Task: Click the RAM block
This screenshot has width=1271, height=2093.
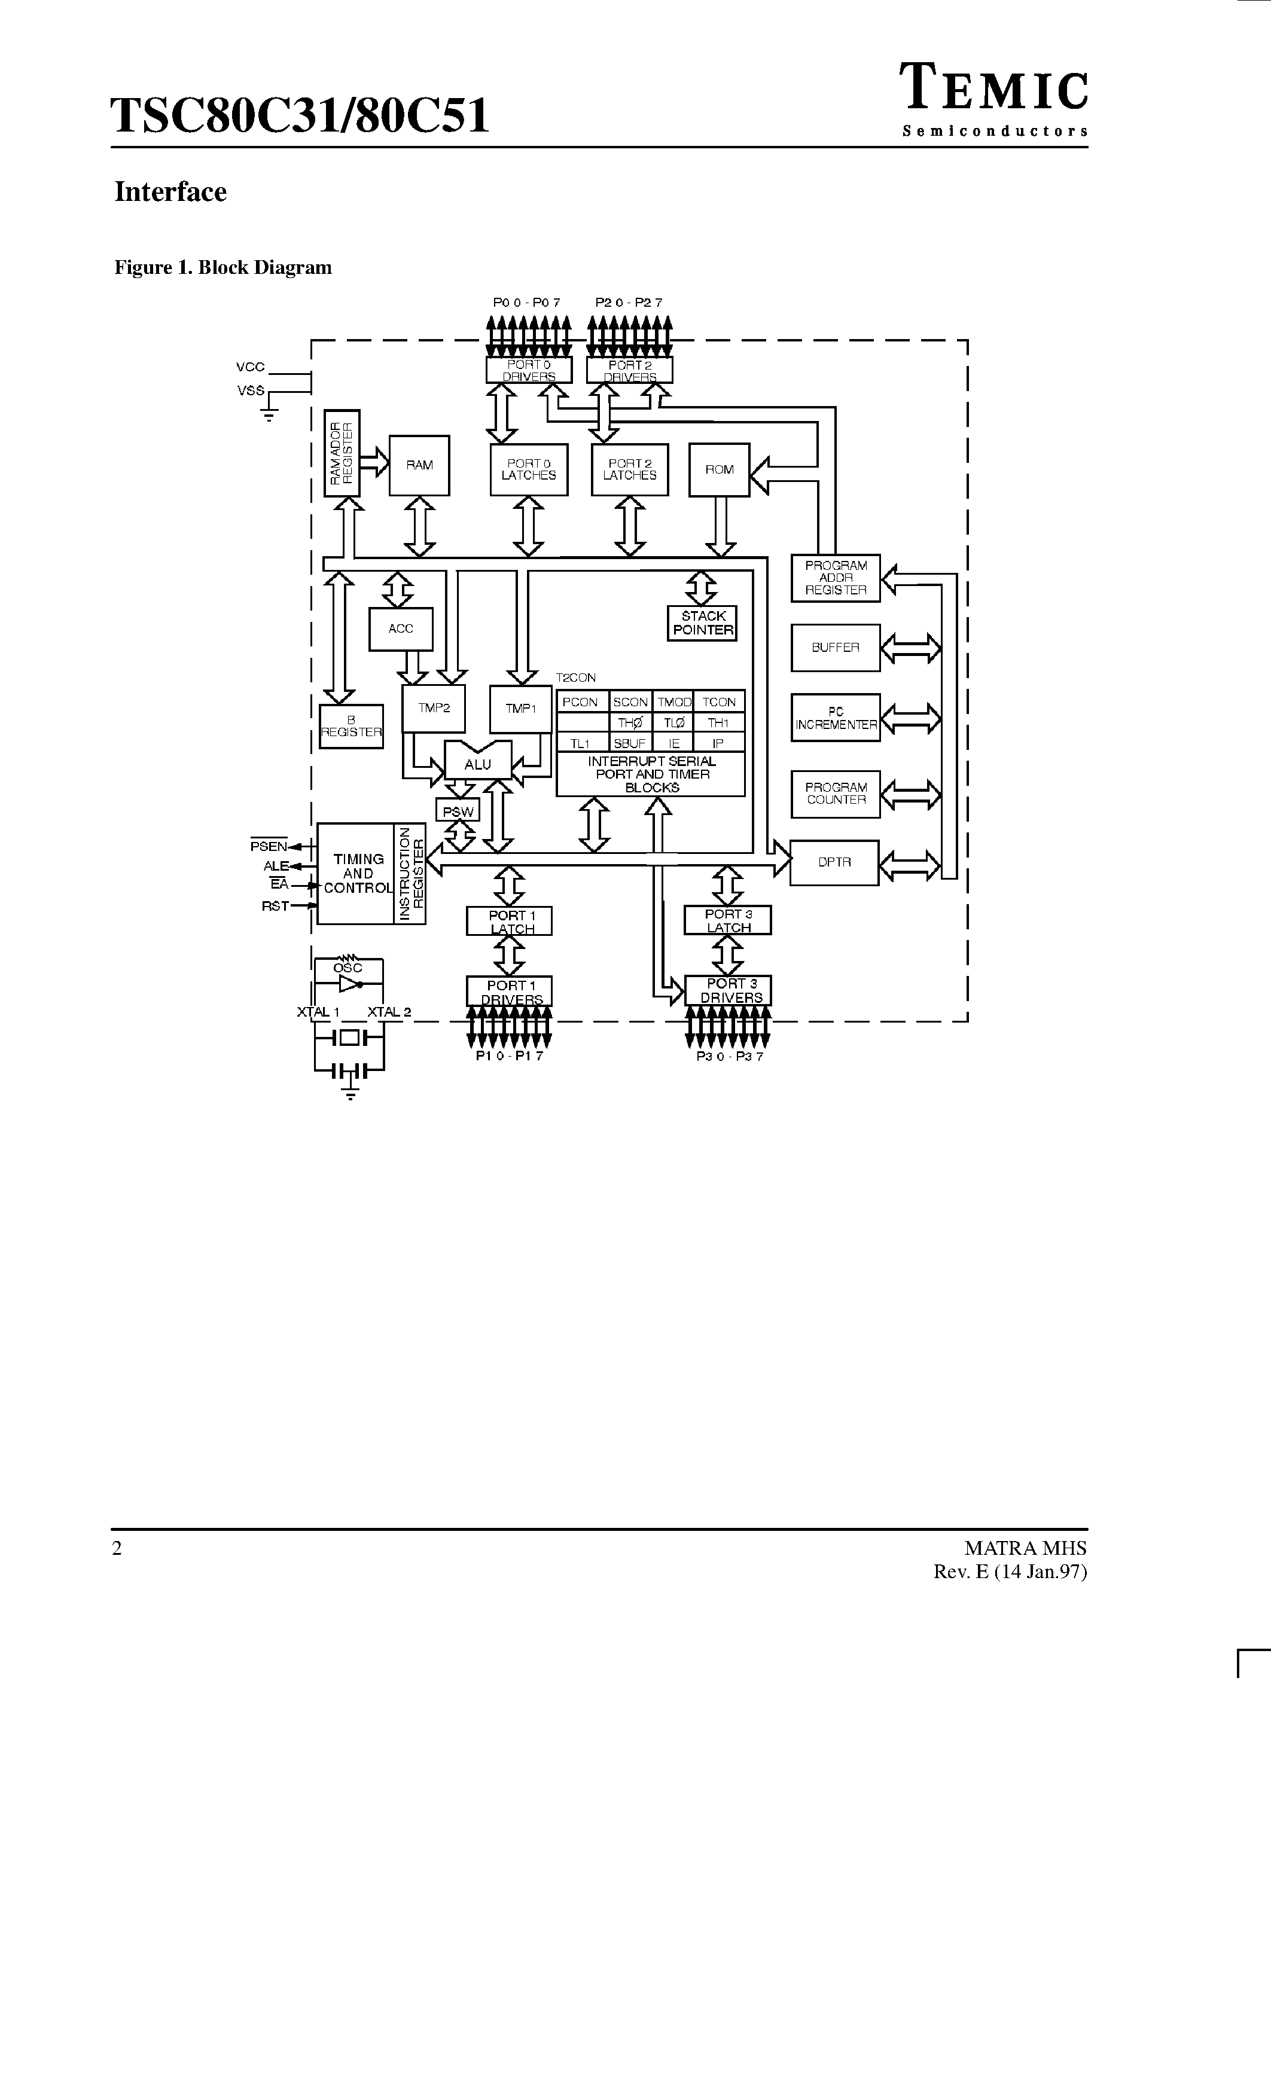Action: point(419,465)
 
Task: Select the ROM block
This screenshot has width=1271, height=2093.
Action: point(719,470)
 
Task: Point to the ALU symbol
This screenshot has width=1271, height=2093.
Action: point(477,764)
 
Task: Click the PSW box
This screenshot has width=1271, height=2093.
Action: point(458,811)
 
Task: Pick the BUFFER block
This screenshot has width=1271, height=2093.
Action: point(835,647)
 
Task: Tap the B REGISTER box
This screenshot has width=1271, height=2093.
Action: point(351,726)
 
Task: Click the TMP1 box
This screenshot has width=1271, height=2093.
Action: point(521,709)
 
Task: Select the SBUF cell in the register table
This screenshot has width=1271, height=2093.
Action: point(630,743)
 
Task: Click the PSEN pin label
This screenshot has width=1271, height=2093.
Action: point(269,846)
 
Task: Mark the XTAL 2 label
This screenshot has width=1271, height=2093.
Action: point(389,1012)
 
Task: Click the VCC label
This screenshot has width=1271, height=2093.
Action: point(251,367)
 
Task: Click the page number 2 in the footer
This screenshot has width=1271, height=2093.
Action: point(117,1548)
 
